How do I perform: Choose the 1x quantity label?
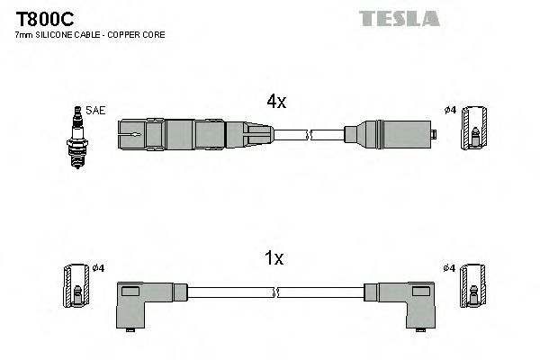click(x=274, y=258)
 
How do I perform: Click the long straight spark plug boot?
click(x=180, y=135)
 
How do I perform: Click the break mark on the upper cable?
click(x=309, y=136)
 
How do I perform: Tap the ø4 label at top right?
click(x=450, y=111)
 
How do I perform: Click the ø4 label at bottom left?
click(x=99, y=268)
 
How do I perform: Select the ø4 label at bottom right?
click(x=450, y=268)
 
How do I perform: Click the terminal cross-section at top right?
click(x=474, y=130)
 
